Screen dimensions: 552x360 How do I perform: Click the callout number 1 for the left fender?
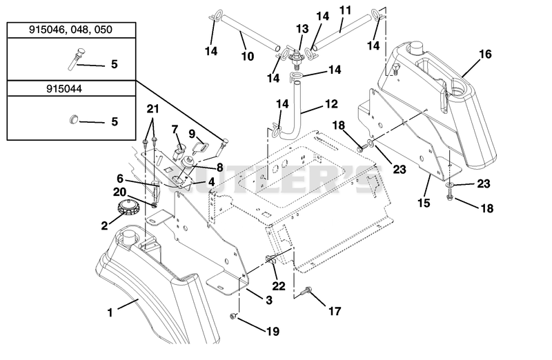(x=110, y=312)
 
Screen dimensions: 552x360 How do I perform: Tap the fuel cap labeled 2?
(x=128, y=207)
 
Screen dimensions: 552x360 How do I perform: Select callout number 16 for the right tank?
(x=485, y=54)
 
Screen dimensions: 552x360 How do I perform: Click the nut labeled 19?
(x=233, y=317)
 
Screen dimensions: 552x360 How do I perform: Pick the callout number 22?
(x=279, y=286)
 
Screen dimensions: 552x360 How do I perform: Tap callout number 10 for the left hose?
(x=248, y=56)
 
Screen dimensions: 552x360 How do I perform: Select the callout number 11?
(x=345, y=10)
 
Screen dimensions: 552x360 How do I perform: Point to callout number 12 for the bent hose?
(x=331, y=104)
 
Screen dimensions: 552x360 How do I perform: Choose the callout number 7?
(x=175, y=130)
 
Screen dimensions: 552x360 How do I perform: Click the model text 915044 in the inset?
(x=64, y=88)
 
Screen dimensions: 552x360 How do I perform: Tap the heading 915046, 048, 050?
(x=70, y=30)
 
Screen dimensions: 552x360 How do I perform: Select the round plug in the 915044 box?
(x=74, y=119)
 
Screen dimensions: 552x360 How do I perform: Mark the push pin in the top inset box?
(x=73, y=59)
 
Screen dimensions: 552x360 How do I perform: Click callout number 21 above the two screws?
(x=152, y=109)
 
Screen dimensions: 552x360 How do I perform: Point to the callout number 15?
(x=424, y=203)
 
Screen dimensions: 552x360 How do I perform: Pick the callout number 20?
(x=119, y=192)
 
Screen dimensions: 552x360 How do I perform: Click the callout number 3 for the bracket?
(x=269, y=300)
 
